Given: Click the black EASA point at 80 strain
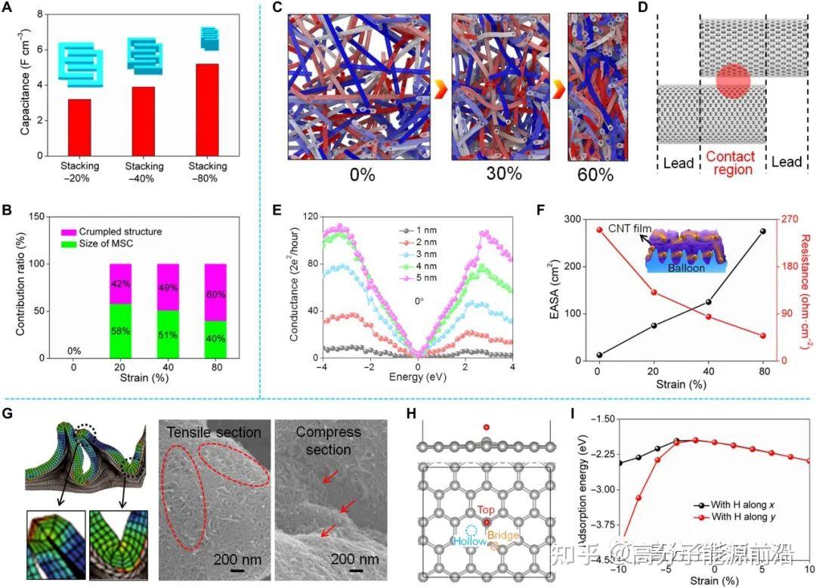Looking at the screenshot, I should click(x=762, y=231).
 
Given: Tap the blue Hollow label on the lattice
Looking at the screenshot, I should click(x=468, y=541).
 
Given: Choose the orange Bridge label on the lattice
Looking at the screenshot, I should click(x=504, y=535).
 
